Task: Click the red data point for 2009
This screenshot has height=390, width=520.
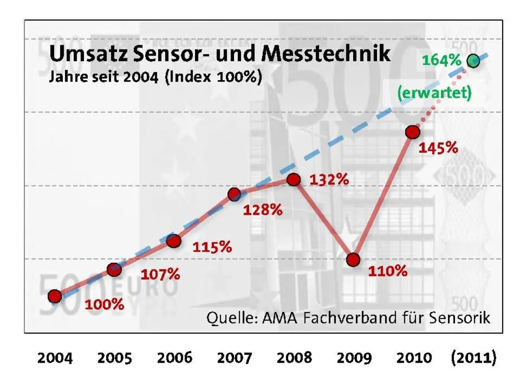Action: click(353, 260)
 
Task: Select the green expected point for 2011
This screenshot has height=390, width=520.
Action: click(473, 61)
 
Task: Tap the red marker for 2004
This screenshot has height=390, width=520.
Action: click(54, 296)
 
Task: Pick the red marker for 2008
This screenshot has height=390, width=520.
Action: click(294, 179)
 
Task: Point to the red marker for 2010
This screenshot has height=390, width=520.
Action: click(413, 132)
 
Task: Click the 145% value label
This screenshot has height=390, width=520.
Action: click(438, 148)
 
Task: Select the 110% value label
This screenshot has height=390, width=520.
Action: click(387, 271)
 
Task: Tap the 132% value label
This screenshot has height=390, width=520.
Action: click(329, 179)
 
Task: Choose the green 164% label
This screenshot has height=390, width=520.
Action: click(441, 60)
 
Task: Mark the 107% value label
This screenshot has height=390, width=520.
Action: click(160, 274)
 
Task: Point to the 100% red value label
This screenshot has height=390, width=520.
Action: click(104, 304)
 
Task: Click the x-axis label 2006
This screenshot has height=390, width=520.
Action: click(174, 358)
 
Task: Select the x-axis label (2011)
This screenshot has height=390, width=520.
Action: click(473, 358)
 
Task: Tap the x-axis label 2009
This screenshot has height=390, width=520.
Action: click(354, 358)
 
